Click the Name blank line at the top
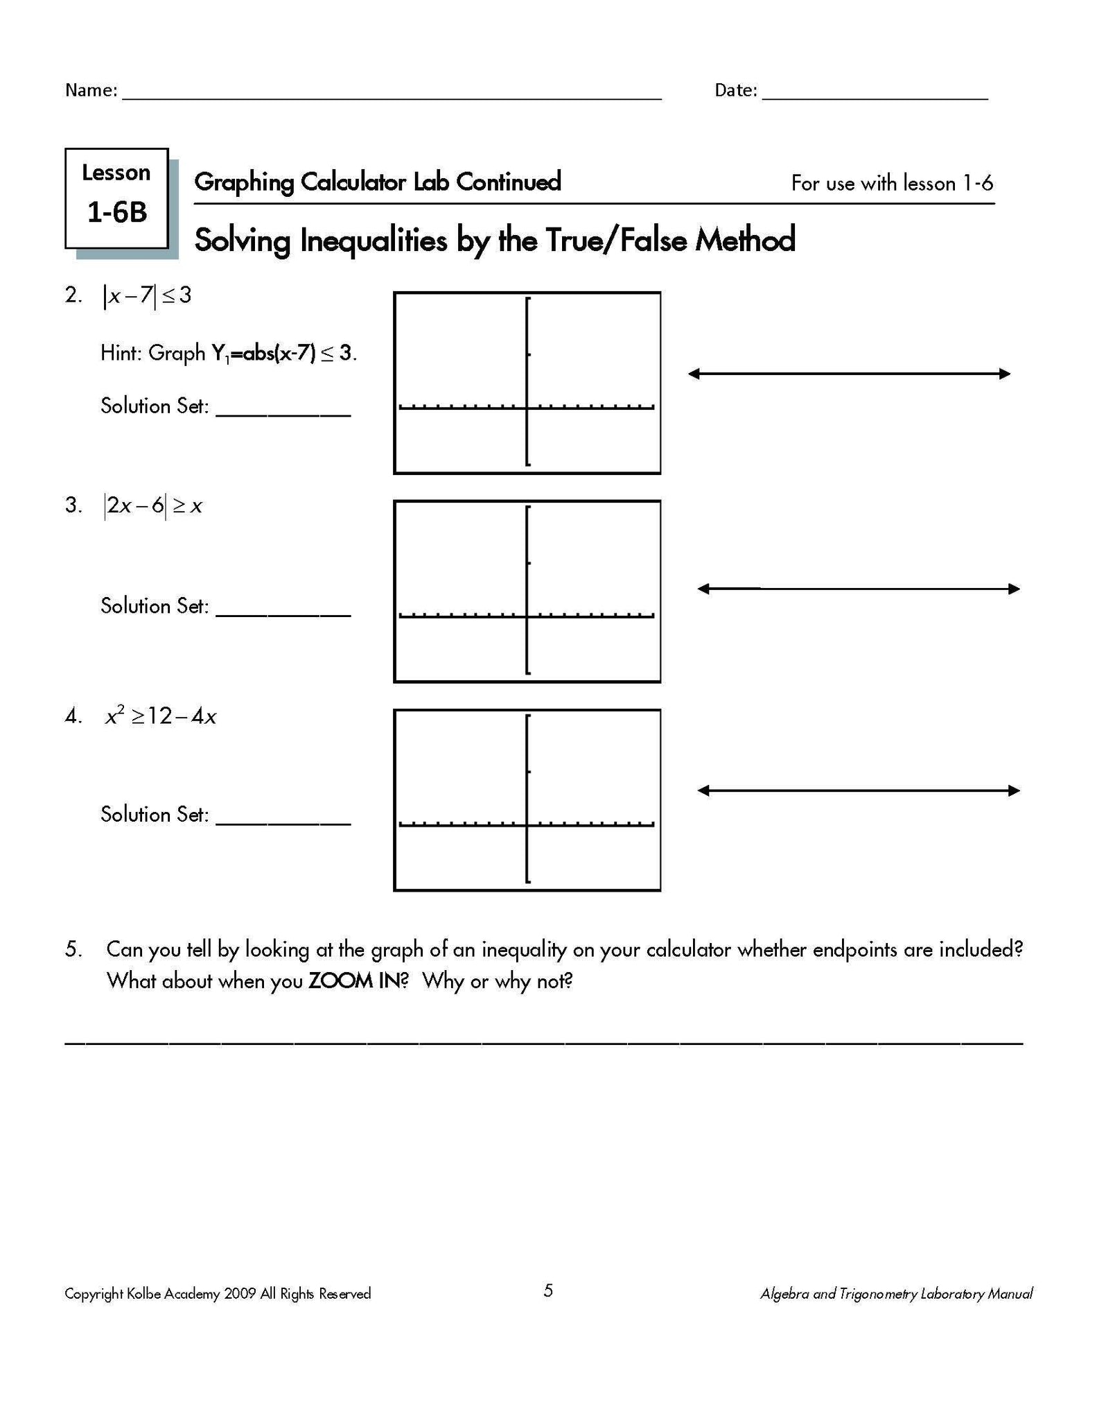point(392,97)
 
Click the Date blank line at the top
point(875,97)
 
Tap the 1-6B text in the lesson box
point(117,213)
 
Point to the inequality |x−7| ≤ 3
point(147,296)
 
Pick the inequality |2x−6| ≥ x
point(153,506)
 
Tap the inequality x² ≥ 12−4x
point(161,716)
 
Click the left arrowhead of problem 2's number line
point(693,374)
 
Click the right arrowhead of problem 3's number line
point(1015,589)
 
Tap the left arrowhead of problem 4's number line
point(703,790)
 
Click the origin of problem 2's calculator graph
point(527,408)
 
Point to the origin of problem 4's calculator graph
point(527,824)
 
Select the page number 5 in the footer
point(548,1290)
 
